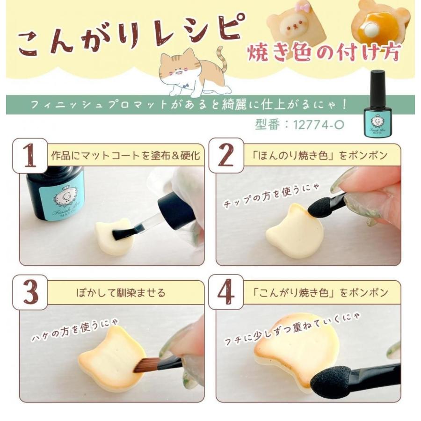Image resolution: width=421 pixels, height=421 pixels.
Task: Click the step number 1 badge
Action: point(30,156)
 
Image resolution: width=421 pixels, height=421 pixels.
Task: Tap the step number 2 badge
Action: point(226,156)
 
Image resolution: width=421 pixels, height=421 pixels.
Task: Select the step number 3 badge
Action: point(30,292)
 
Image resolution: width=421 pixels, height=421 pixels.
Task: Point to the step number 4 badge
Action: point(226,292)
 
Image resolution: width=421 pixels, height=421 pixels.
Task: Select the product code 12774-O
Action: point(319,124)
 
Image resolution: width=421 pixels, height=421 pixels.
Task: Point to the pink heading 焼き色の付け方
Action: point(324,52)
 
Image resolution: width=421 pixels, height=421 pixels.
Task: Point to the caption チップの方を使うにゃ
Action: point(271,196)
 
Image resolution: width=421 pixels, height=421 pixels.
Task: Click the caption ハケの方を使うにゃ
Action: point(75,331)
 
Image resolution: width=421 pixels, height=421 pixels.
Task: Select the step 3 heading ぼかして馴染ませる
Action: point(121,292)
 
